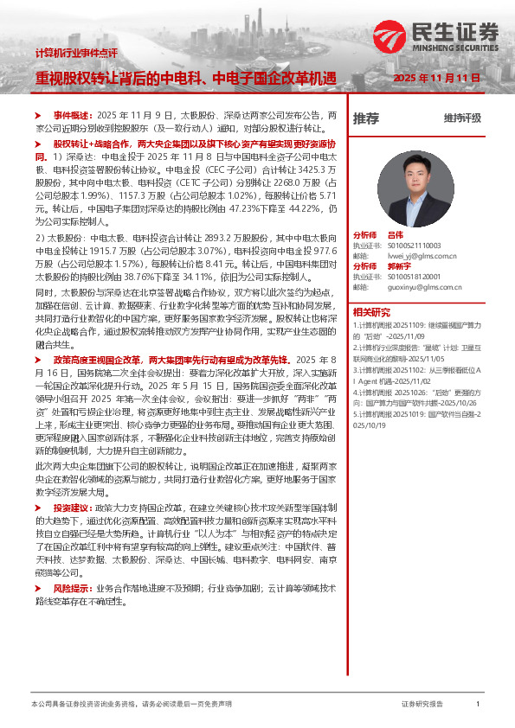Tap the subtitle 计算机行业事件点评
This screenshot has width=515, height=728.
pyautogui.click(x=75, y=54)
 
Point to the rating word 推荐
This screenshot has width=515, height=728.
pyautogui.click(x=366, y=118)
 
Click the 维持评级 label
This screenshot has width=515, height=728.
pyautogui.click(x=462, y=118)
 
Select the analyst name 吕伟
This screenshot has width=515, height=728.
pyautogui.click(x=396, y=234)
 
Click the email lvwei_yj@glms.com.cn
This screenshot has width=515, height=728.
pyautogui.click(x=421, y=255)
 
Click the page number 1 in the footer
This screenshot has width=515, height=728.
pyautogui.click(x=478, y=706)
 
